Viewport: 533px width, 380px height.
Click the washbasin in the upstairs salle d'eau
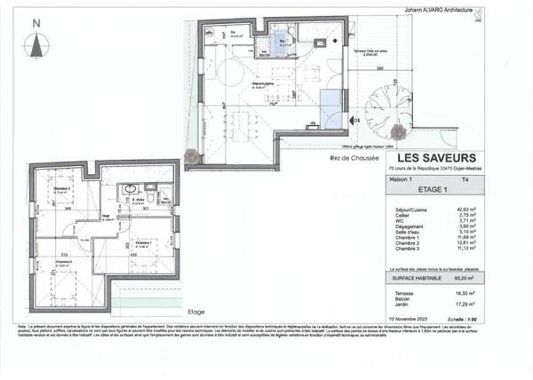131,188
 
